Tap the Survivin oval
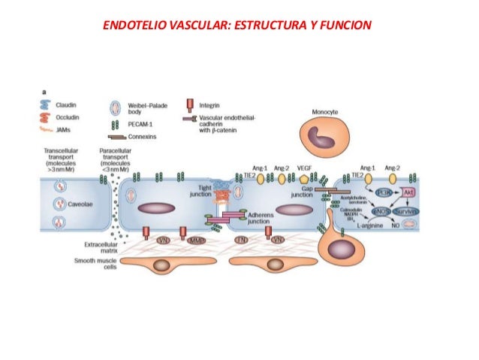coord(409,211)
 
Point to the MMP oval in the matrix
coord(196,240)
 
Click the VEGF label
coord(304,168)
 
